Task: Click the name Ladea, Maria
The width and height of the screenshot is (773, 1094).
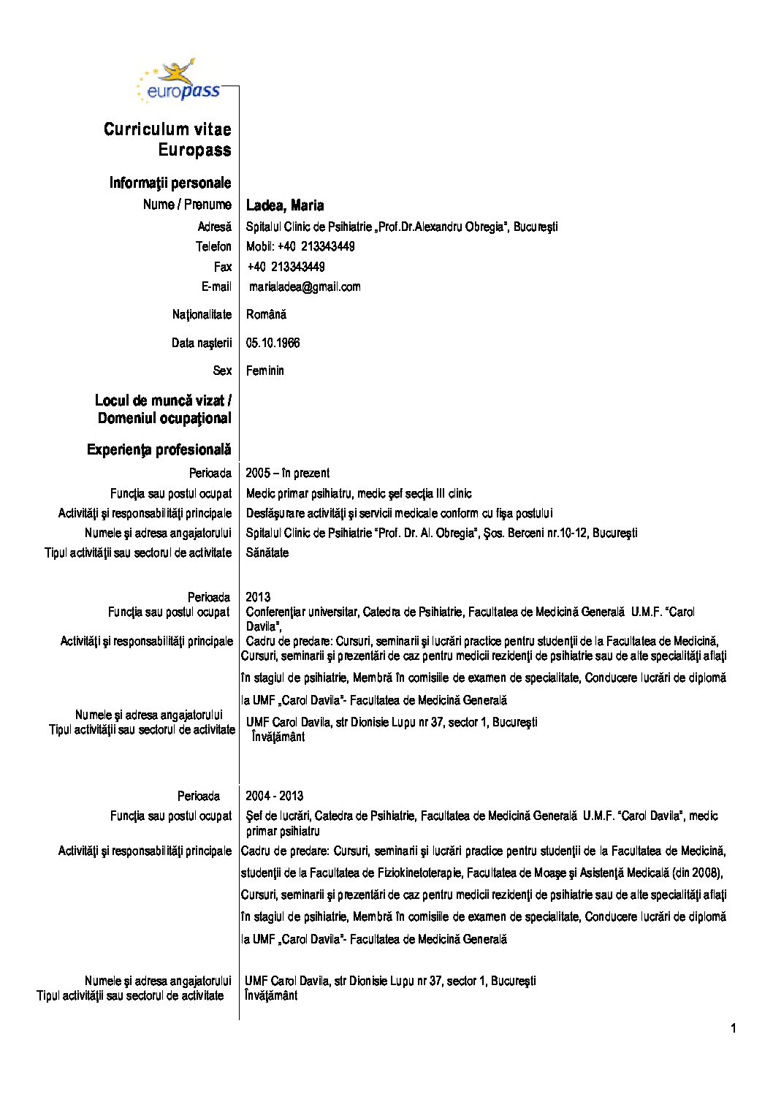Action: pyautogui.click(x=285, y=205)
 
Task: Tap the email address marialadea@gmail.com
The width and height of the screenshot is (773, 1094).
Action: pyautogui.click(x=305, y=286)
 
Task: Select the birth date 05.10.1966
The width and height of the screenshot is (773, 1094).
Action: pyautogui.click(x=273, y=343)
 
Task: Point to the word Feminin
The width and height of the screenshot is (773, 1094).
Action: pyautogui.click(x=265, y=371)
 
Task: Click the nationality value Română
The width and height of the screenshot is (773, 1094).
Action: pyautogui.click(x=266, y=315)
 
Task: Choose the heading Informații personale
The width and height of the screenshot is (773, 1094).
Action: pyautogui.click(x=170, y=183)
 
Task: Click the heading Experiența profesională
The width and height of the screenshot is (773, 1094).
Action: pyautogui.click(x=159, y=449)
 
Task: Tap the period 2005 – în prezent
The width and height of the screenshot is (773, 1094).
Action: pyautogui.click(x=287, y=473)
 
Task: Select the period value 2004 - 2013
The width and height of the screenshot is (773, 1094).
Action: pyautogui.click(x=275, y=796)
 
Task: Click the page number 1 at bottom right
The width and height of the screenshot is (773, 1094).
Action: pyautogui.click(x=733, y=1030)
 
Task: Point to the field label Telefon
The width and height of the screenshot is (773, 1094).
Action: pyautogui.click(x=213, y=246)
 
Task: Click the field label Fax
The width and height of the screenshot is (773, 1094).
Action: pyautogui.click(x=223, y=267)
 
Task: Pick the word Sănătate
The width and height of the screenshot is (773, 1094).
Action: pyautogui.click(x=267, y=552)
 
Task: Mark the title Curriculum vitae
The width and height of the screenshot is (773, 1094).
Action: pyautogui.click(x=167, y=129)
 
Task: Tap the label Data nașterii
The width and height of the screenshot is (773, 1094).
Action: pyautogui.click(x=202, y=343)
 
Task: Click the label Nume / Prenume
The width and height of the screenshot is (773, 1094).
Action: pyautogui.click(x=187, y=205)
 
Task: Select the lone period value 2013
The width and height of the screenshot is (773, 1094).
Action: pyautogui.click(x=258, y=597)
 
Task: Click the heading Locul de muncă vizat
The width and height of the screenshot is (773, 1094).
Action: pyautogui.click(x=163, y=400)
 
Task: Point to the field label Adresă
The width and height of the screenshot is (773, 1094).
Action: pyautogui.click(x=214, y=227)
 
